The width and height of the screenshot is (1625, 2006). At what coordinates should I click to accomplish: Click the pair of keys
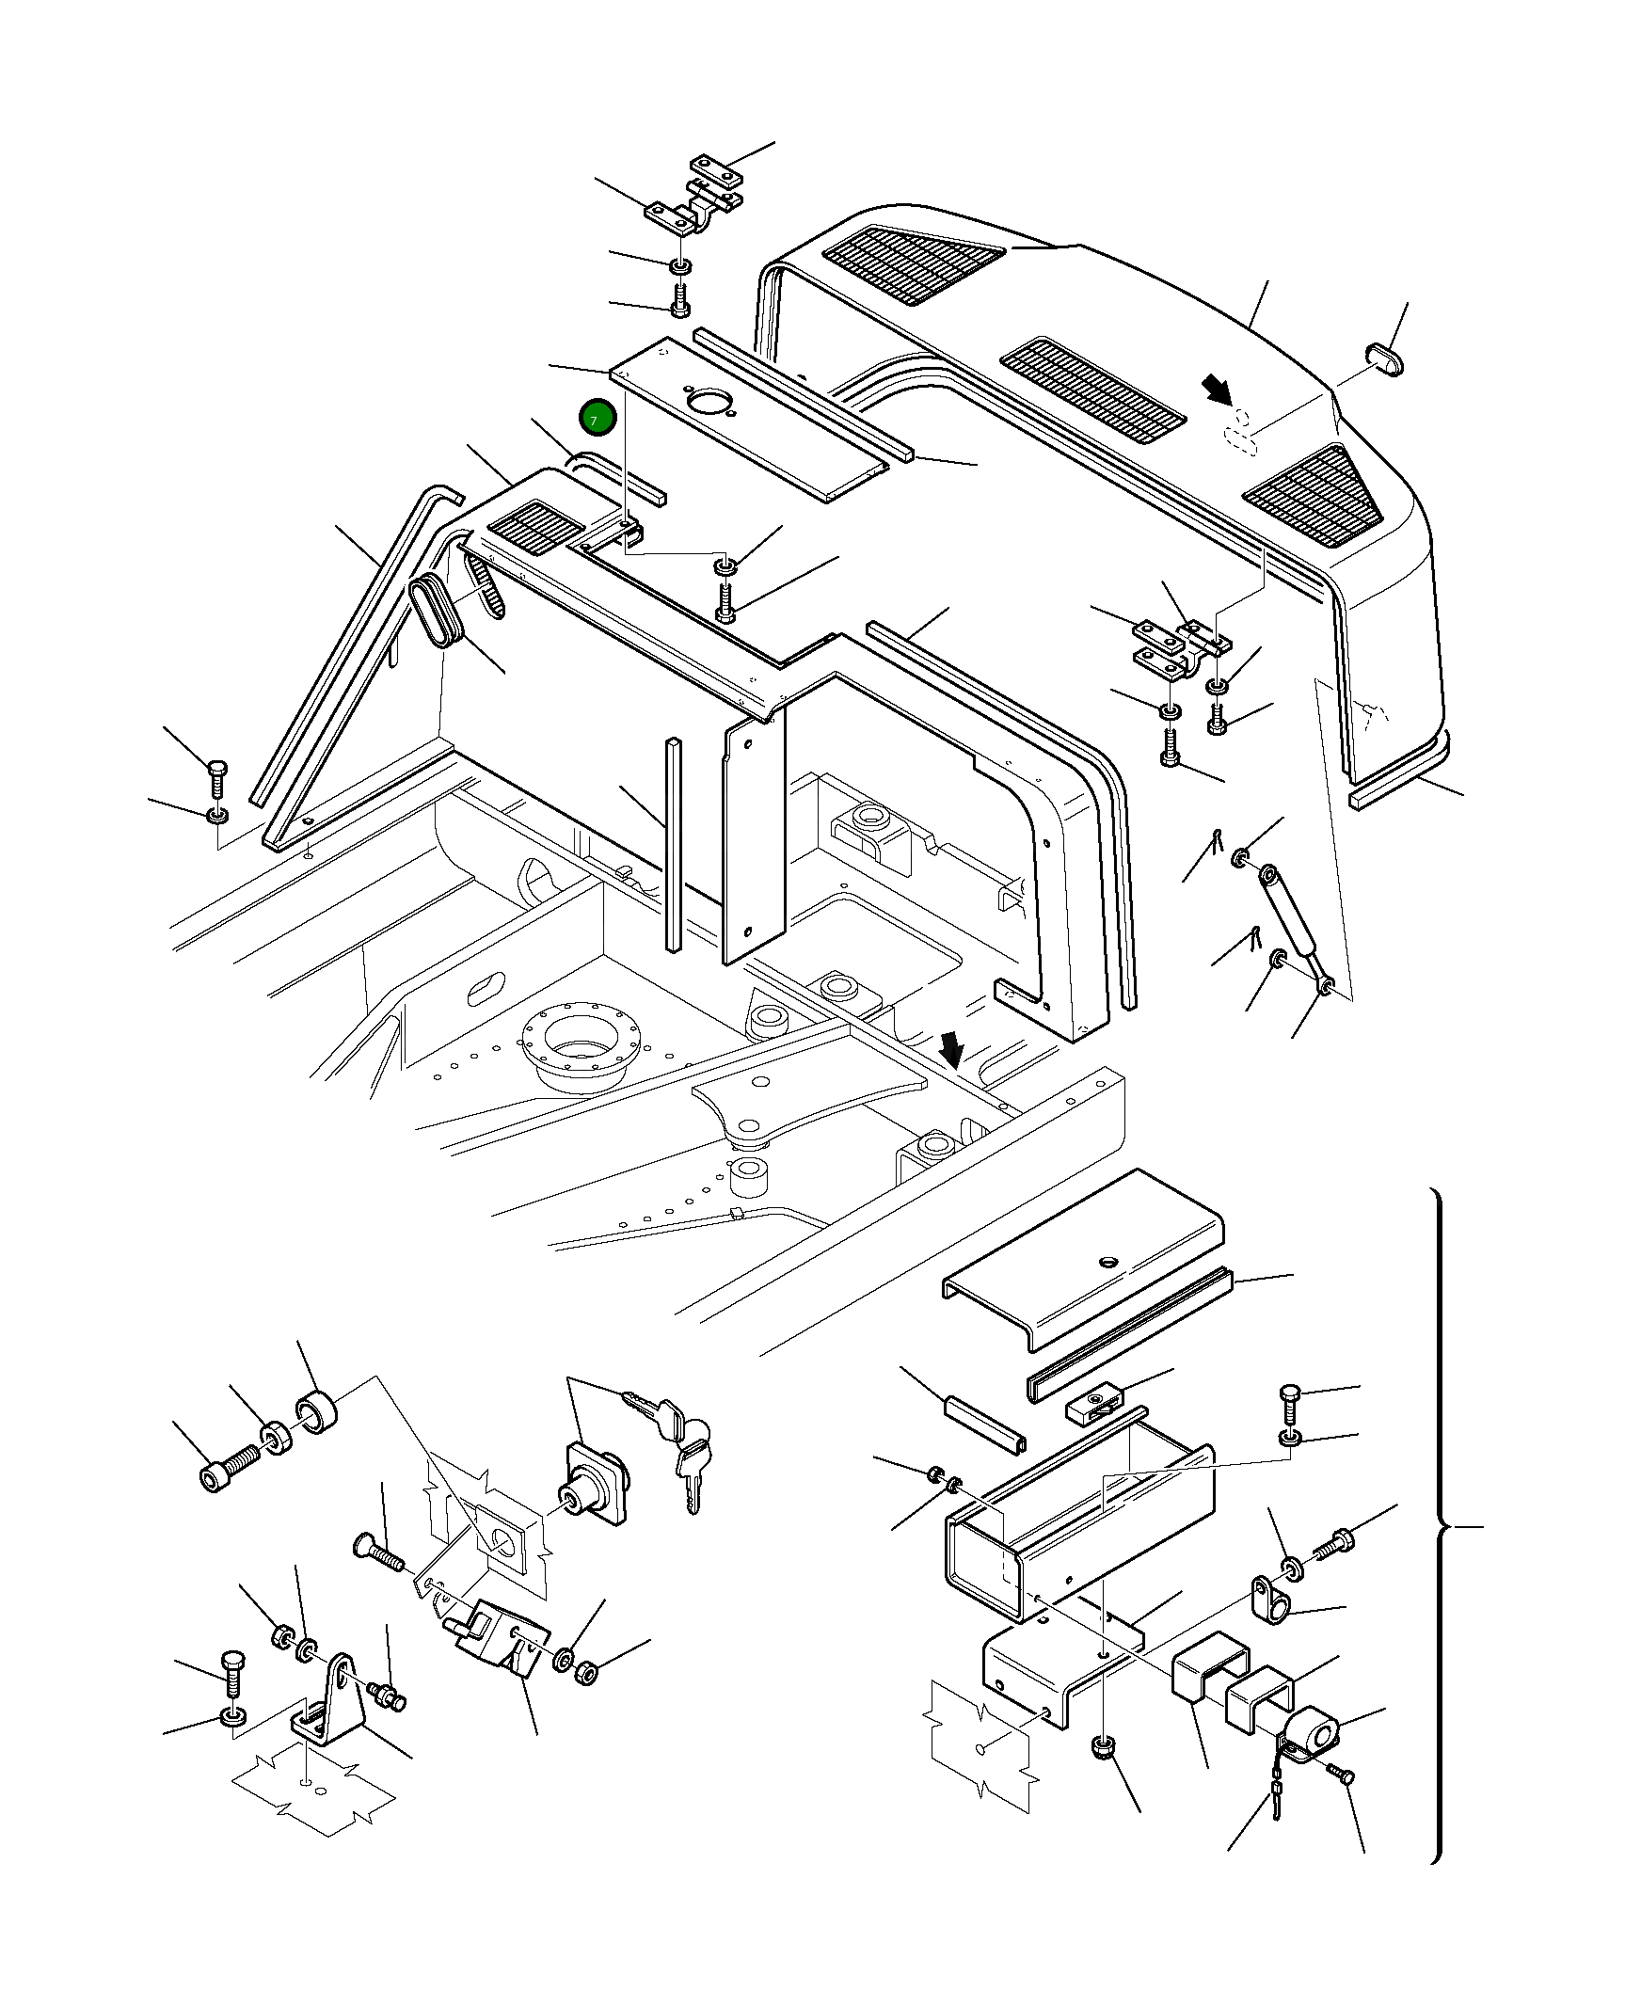pos(679,1435)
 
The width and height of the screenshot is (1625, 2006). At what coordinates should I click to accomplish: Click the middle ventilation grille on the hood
pos(1091,390)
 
